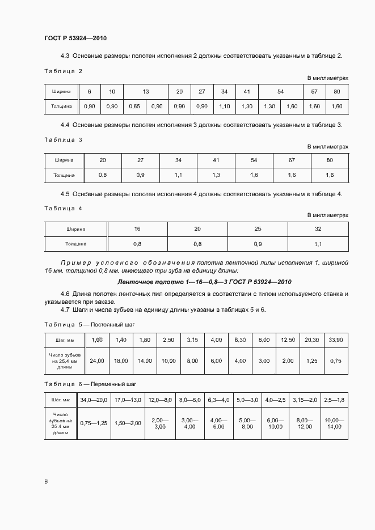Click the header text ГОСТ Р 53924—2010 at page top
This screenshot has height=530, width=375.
tap(75, 38)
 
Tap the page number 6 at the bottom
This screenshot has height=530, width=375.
tap(46, 481)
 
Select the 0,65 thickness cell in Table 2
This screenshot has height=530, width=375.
tap(134, 107)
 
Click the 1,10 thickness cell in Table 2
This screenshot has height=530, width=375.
tap(224, 107)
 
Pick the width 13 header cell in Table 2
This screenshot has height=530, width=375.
tap(146, 91)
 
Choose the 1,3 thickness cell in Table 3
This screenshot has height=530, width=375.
tap(216, 176)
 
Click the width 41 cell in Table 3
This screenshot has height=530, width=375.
tap(216, 160)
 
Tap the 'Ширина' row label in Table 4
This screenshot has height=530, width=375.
tap(76, 229)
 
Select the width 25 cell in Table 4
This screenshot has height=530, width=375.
tap(258, 229)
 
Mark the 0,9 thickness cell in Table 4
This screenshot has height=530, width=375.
tap(258, 244)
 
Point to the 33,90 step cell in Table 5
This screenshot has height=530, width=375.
tap(335, 340)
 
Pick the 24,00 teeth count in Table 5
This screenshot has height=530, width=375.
tap(97, 361)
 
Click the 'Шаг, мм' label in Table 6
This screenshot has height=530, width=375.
tap(60, 400)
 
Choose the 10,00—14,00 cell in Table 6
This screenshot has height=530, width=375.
tap(334, 423)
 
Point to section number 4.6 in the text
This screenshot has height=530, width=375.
tap(65, 294)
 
